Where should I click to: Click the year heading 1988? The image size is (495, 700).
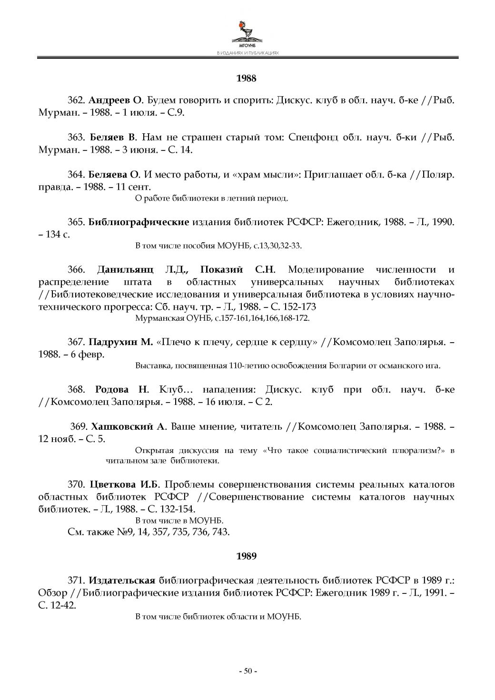[247, 79]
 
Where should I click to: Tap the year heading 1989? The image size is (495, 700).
[247, 556]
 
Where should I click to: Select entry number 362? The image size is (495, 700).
[76, 101]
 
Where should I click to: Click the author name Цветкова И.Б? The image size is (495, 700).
[127, 485]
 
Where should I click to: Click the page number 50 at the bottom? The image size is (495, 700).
[247, 671]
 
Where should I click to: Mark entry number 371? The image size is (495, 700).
[76, 581]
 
